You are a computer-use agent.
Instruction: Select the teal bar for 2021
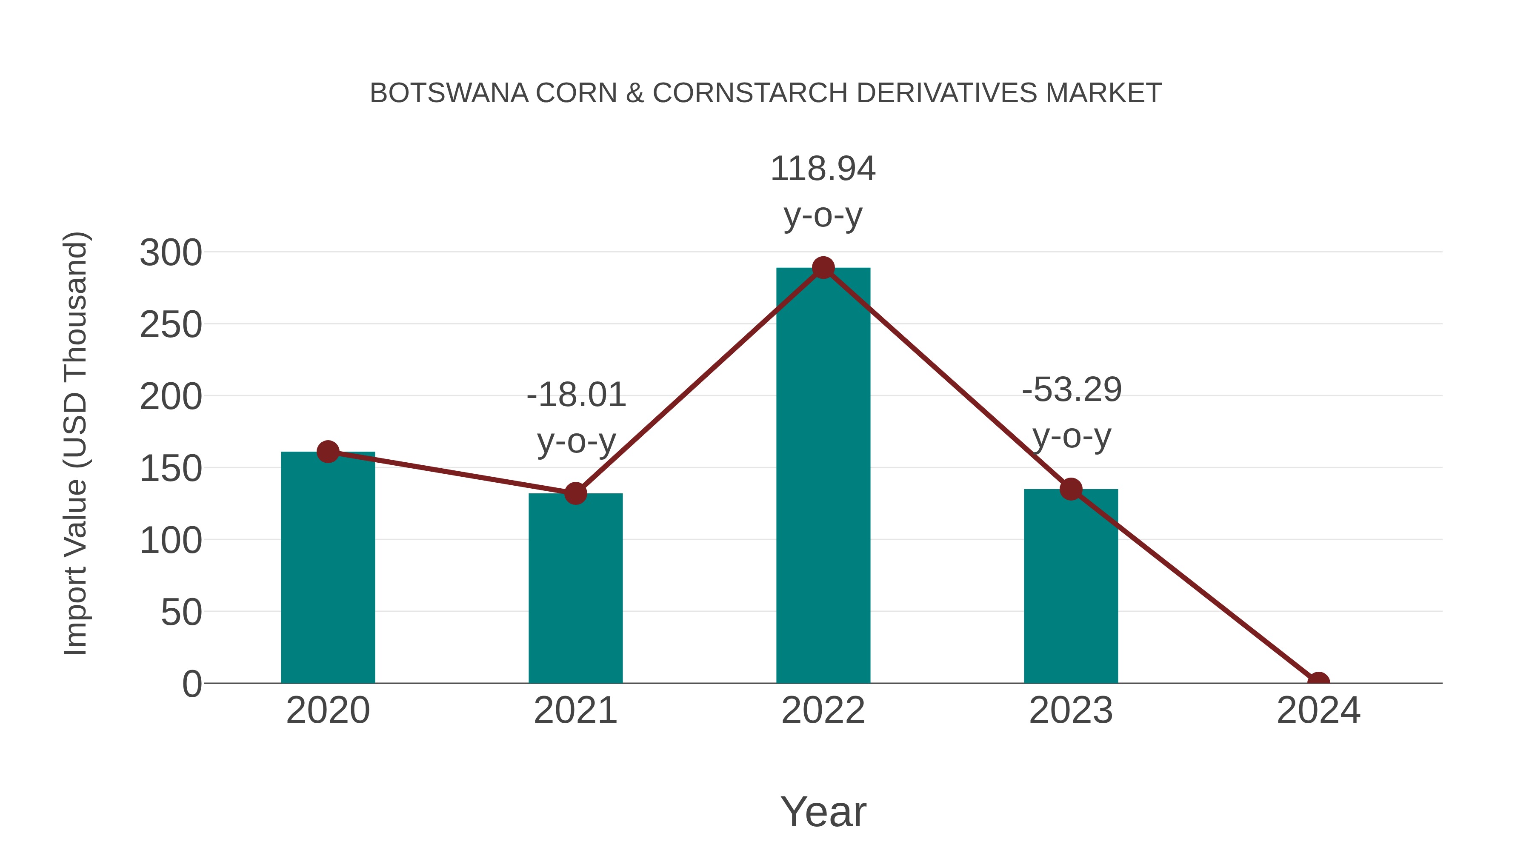[x=575, y=589]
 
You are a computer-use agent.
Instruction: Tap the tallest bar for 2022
[x=823, y=476]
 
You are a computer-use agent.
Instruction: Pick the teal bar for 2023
[x=1071, y=586]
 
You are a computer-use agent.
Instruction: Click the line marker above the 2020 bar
[x=328, y=452]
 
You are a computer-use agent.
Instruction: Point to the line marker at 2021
[x=575, y=493]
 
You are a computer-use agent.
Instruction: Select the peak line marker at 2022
[x=823, y=268]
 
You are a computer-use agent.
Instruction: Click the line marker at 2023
[x=1071, y=489]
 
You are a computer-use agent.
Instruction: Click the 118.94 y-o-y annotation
[x=823, y=192]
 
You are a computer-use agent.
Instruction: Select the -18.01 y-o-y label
[x=576, y=418]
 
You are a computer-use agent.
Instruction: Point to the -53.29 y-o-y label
[x=1072, y=413]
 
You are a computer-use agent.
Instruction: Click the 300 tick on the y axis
[x=171, y=253]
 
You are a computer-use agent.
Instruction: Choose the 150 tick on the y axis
[x=171, y=469]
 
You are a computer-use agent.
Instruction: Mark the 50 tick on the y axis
[x=181, y=613]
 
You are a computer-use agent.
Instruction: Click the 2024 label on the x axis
[x=1318, y=710]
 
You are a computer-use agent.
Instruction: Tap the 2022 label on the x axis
[x=823, y=710]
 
